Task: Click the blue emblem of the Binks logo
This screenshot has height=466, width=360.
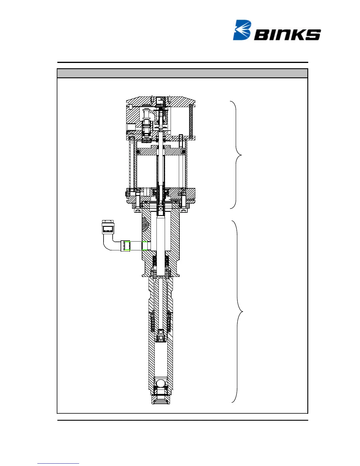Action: (x=242, y=30)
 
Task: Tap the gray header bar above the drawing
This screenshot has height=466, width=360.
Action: (x=182, y=73)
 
